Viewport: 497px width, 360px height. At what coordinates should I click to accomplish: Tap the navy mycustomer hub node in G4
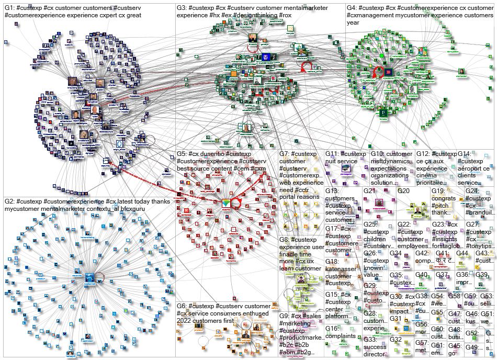pos(388,72)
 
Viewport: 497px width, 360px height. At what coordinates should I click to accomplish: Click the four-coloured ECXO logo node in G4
pos(422,51)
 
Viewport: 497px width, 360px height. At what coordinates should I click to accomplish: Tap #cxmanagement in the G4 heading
pos(367,16)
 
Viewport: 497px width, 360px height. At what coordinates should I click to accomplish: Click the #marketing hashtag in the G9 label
pos(296,323)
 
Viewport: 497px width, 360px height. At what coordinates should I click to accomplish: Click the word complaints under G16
pos(341,336)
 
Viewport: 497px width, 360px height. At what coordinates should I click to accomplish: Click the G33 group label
pos(369,339)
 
